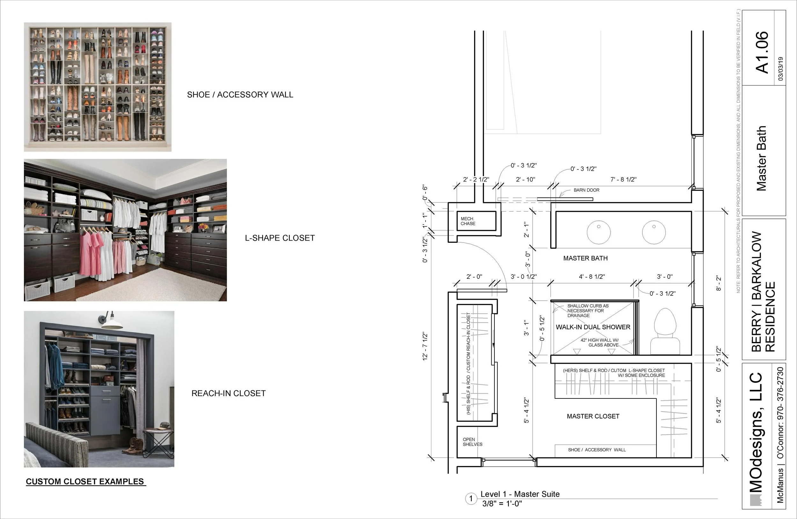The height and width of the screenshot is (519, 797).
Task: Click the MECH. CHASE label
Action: pyautogui.click(x=468, y=221)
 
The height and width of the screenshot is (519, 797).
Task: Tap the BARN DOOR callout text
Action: pyautogui.click(x=586, y=190)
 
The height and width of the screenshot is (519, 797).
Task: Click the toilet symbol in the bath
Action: pyautogui.click(x=665, y=332)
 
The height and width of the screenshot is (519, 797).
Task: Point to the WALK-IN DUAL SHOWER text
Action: pyautogui.click(x=593, y=327)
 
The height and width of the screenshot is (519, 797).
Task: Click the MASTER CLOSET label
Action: pyautogui.click(x=593, y=416)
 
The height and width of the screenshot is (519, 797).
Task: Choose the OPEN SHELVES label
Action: pyautogui.click(x=472, y=442)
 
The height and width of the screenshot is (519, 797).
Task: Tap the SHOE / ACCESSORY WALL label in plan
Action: pyautogui.click(x=597, y=450)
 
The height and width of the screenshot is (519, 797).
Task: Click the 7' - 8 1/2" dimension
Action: pyautogui.click(x=623, y=180)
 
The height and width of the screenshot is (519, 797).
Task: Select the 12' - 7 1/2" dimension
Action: pyautogui.click(x=425, y=346)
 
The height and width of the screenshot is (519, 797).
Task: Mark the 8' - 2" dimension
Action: pyautogui.click(x=718, y=284)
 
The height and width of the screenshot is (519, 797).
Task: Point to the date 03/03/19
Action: pyautogui.click(x=781, y=69)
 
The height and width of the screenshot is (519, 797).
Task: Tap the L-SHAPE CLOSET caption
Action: pyautogui.click(x=280, y=238)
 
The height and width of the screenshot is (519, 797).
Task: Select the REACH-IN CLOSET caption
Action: pyautogui.click(x=228, y=393)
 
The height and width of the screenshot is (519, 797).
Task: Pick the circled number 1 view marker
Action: pyautogui.click(x=471, y=499)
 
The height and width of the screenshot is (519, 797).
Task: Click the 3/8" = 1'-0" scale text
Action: pyautogui.click(x=502, y=504)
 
